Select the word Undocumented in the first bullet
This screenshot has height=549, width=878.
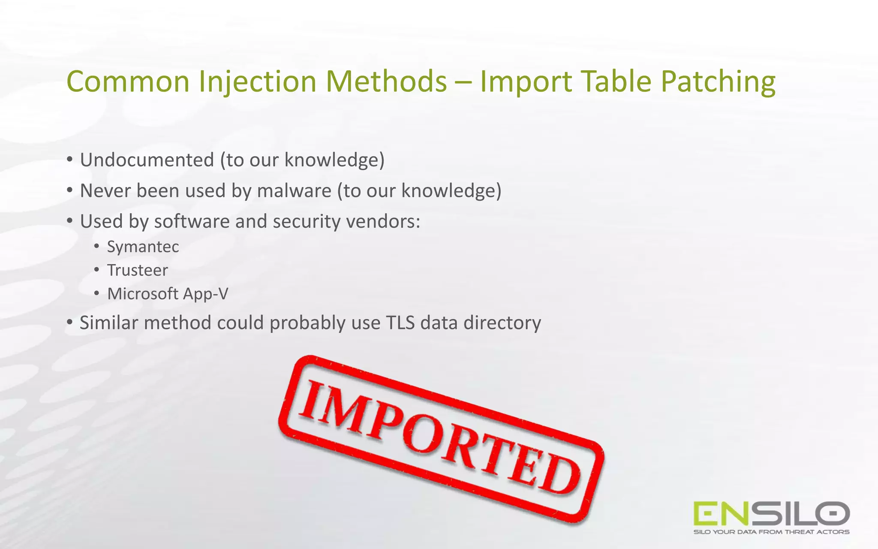click(147, 160)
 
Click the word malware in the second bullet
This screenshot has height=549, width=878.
click(294, 191)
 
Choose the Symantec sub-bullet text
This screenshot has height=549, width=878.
click(143, 247)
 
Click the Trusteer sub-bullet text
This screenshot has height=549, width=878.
click(137, 270)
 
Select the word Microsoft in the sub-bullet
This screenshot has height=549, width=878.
click(142, 294)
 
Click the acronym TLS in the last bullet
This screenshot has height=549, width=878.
click(400, 323)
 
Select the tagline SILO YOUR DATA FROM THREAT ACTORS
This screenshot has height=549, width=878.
click(771, 532)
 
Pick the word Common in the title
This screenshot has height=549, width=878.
click(128, 81)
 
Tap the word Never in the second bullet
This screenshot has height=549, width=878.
click(105, 191)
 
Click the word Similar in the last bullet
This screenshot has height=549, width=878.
click(108, 323)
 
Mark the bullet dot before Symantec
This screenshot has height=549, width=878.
click(97, 246)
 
